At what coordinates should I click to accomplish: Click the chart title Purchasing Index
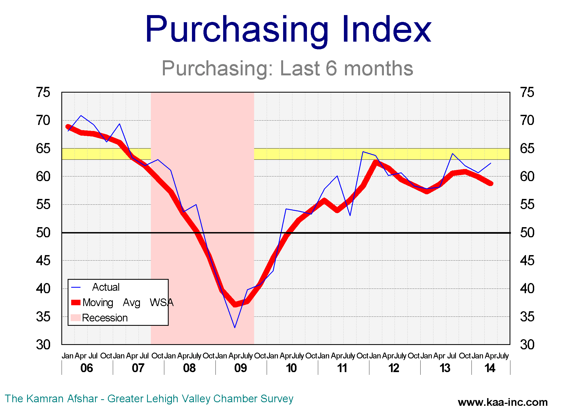[x=288, y=30]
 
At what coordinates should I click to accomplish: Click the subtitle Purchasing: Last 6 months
[x=287, y=68]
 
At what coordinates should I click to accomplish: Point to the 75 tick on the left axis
[x=43, y=92]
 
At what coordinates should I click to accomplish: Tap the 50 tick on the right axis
[x=527, y=233]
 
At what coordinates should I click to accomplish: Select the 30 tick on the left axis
[x=43, y=345]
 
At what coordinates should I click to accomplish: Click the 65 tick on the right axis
[x=527, y=149]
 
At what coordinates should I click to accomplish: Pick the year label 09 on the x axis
[x=240, y=368]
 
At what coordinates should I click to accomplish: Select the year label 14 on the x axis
[x=490, y=368]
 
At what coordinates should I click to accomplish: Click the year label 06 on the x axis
[x=87, y=368]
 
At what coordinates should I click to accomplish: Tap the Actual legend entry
[x=106, y=287]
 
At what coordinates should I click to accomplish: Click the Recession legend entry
[x=105, y=318]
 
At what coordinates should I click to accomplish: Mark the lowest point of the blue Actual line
[x=235, y=327]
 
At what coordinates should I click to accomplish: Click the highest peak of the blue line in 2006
[x=81, y=115]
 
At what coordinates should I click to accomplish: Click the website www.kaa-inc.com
[x=503, y=402]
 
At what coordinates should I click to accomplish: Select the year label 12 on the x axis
[x=394, y=368]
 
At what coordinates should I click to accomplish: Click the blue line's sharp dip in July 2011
[x=350, y=215]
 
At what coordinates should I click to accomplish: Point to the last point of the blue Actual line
[x=491, y=163]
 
